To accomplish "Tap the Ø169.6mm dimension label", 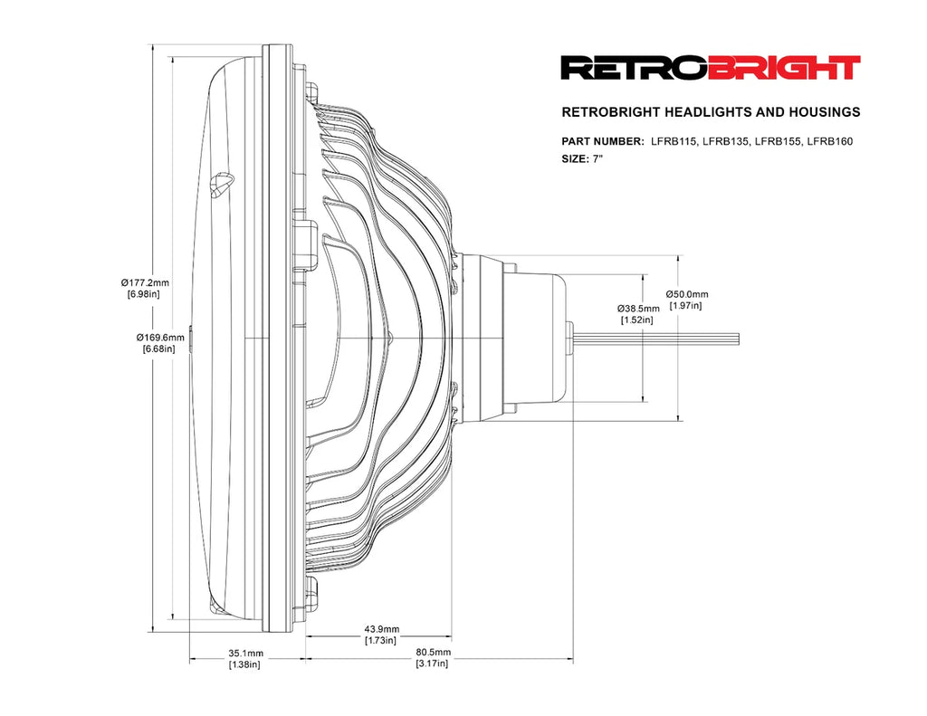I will pyautogui.click(x=161, y=338).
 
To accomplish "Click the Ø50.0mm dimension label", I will pyautogui.click(x=687, y=294).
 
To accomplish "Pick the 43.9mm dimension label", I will pyautogui.click(x=381, y=629).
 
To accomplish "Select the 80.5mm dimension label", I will pyautogui.click(x=433, y=652).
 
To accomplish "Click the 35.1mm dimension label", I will pyautogui.click(x=245, y=653).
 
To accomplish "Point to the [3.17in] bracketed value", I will pyautogui.click(x=432, y=663).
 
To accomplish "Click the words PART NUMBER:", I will pyautogui.click(x=603, y=141).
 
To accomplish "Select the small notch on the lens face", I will pyautogui.click(x=221, y=185).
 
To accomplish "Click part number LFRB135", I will pyautogui.click(x=726, y=141).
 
